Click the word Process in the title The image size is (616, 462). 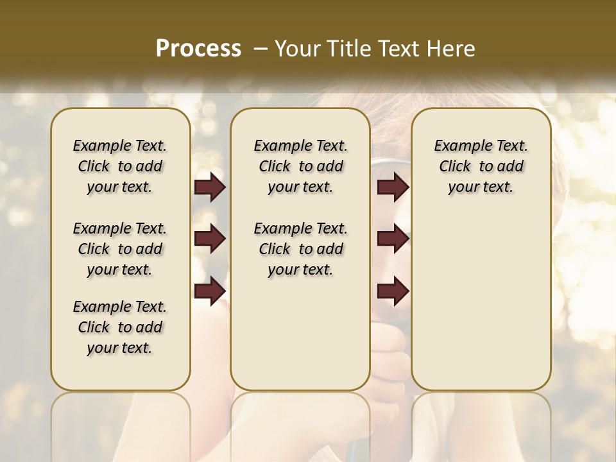click(198, 48)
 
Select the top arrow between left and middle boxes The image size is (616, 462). click(210, 187)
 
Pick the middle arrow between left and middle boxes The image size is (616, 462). click(210, 239)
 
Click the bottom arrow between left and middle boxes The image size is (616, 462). click(210, 291)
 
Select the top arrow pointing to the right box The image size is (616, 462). click(393, 187)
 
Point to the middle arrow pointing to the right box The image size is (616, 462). click(393, 239)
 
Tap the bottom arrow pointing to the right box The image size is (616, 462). click(393, 291)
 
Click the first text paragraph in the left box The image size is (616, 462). click(120, 166)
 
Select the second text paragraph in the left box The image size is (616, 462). click(120, 249)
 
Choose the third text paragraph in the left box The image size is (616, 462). click(120, 327)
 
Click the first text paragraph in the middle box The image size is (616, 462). click(300, 166)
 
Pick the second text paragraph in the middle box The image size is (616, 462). click(300, 249)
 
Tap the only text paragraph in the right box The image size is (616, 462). click(481, 166)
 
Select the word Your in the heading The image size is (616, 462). click(299, 48)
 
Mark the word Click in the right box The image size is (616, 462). click(455, 167)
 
